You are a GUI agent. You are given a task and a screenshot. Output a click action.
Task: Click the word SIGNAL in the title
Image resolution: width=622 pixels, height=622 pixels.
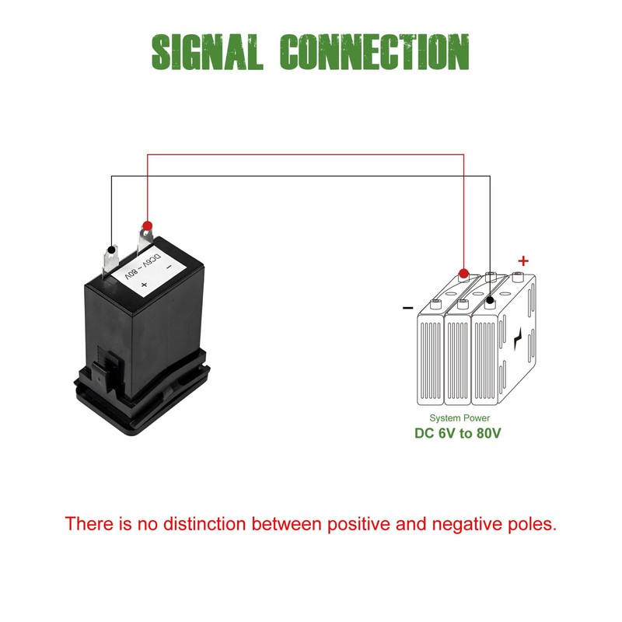tap(208, 51)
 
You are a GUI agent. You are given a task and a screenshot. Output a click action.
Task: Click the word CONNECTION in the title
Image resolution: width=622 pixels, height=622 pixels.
tap(375, 51)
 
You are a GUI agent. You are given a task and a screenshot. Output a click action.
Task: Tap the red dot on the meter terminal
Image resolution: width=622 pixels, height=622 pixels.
tap(147, 225)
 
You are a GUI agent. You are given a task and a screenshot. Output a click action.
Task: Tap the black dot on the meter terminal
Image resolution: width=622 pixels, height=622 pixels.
tap(111, 250)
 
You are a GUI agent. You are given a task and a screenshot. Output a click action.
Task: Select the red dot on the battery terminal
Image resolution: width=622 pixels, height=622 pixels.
tap(463, 274)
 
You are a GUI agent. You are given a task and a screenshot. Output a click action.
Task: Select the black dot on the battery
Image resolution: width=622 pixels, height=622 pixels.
tap(490, 300)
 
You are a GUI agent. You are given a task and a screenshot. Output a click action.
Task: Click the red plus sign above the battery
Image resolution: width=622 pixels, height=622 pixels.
tap(523, 260)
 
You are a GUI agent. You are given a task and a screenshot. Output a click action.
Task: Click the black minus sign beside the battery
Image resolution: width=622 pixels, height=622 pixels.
tap(407, 308)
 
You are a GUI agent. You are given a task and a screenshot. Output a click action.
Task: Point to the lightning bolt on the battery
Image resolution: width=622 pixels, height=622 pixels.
tap(518, 339)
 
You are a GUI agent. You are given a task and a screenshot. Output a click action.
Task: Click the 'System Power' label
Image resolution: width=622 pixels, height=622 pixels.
tap(460, 418)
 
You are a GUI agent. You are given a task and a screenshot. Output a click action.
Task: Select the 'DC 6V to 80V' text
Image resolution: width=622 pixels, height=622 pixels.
tap(457, 433)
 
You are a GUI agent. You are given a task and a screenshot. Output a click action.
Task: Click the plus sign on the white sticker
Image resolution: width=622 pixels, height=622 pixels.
tap(144, 285)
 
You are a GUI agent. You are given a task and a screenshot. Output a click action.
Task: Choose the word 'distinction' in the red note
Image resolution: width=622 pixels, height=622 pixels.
tap(204, 523)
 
